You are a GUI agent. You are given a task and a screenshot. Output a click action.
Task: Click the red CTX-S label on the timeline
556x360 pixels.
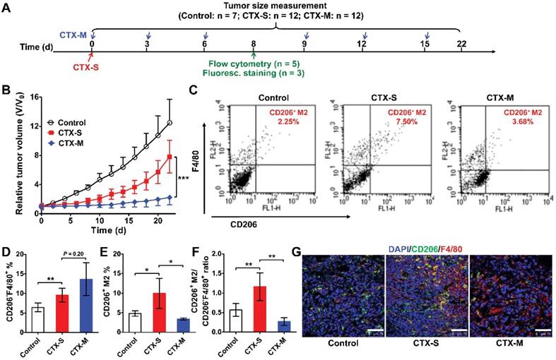[91, 69]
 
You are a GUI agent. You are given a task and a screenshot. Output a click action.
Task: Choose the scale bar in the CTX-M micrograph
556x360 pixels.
[543, 329]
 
